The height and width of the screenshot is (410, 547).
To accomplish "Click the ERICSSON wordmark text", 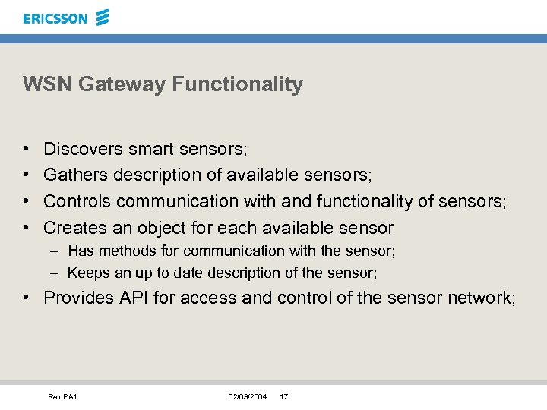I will tap(55, 19).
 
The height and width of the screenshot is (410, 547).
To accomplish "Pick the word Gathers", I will tap(76, 175).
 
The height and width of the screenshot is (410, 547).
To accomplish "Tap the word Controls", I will tap(77, 201).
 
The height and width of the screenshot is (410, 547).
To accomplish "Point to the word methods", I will tap(120, 251).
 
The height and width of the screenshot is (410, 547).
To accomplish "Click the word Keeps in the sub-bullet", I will tap(85, 273).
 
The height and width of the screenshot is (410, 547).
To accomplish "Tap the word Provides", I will tap(78, 298).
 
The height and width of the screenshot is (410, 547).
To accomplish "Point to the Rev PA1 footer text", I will tap(63, 397).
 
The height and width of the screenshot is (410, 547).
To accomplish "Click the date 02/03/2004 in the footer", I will tap(247, 397).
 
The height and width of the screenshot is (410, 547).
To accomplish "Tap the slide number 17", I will tap(283, 397).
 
